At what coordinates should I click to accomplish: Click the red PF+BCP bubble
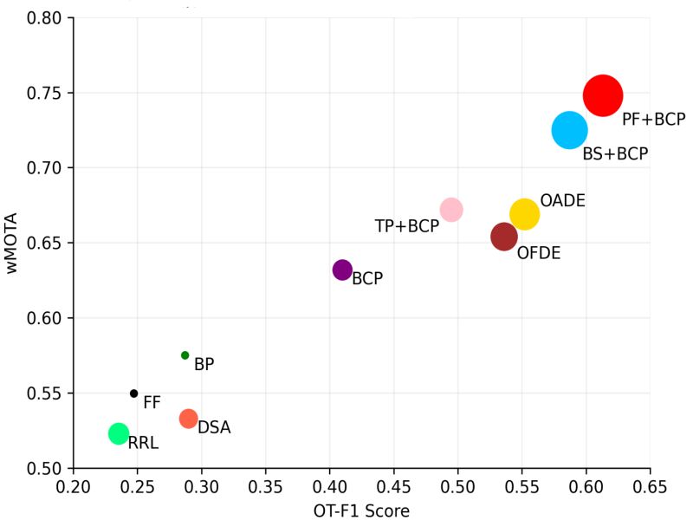602,95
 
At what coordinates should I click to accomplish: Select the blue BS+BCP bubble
569,130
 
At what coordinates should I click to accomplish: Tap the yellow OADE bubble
524,213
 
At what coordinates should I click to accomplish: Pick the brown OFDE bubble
504,237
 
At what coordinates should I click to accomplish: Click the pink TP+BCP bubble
451,210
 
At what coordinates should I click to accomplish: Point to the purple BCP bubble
342,270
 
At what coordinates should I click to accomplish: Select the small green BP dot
185,355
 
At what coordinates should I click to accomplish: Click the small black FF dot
133,393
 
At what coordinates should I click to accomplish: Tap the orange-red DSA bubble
188,419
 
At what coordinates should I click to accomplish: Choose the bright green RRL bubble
119,433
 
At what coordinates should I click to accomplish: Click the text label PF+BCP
653,120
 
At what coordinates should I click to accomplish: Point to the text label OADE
562,201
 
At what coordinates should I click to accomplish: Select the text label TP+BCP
406,226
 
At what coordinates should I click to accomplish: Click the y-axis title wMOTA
12,243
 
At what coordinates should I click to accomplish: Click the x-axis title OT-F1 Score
361,510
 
